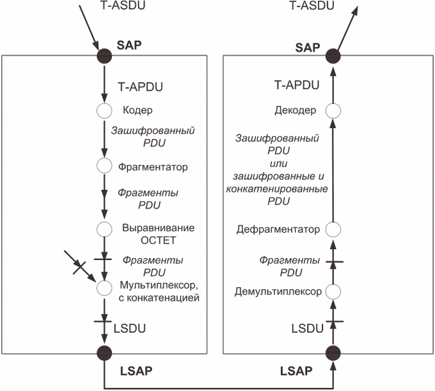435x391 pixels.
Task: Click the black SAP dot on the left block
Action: click(x=104, y=56)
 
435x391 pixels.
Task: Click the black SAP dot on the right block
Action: click(x=333, y=56)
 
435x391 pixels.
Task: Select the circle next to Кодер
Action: click(x=104, y=111)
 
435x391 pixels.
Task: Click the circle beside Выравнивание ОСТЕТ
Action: click(x=104, y=229)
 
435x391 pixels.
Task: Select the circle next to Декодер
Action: click(x=333, y=111)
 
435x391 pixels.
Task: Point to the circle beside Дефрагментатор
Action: click(x=333, y=230)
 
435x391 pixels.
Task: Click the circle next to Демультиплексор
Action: click(x=333, y=291)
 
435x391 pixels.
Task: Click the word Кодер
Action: click(x=137, y=111)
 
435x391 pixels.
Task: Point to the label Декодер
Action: click(x=296, y=111)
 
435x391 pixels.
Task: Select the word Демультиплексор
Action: click(x=278, y=291)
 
